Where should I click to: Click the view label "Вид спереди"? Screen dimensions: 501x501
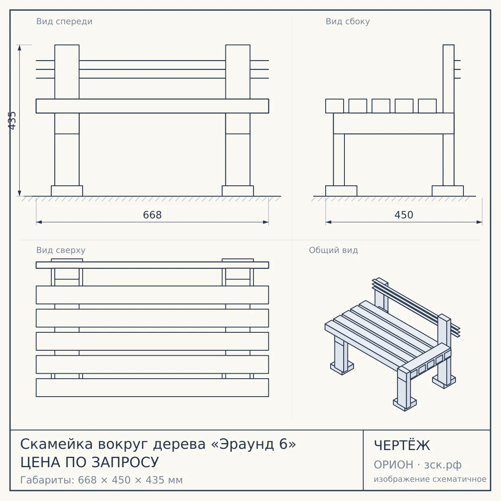coord(64,22)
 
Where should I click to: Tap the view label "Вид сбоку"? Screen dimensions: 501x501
coord(348,22)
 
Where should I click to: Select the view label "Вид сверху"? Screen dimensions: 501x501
coord(61,250)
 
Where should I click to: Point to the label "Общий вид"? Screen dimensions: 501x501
coord(333,250)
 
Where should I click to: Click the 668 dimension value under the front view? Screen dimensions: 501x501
coord(152,215)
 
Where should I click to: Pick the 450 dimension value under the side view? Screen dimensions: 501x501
coord(404,215)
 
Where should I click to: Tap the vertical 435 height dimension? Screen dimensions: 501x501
coord(12,121)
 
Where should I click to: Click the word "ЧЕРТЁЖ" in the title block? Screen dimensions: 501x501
coord(402,445)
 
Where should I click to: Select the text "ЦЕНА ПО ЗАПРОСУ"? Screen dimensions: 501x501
coord(89,463)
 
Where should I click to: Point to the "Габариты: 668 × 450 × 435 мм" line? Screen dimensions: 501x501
coord(101,480)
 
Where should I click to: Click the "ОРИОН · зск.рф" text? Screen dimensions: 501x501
coord(417,465)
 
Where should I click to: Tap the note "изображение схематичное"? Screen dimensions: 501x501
coord(430,479)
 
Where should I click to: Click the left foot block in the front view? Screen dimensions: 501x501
coord(67,191)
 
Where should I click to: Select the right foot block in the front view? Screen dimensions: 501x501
coord(238,191)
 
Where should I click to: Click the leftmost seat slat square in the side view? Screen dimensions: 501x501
coord(334,106)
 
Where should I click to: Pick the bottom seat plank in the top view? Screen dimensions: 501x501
coord(152,387)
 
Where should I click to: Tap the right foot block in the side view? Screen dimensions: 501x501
coord(448,191)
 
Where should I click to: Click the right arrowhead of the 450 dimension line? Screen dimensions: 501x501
coord(479,222)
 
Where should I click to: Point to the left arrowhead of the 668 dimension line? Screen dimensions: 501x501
coord(39,222)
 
